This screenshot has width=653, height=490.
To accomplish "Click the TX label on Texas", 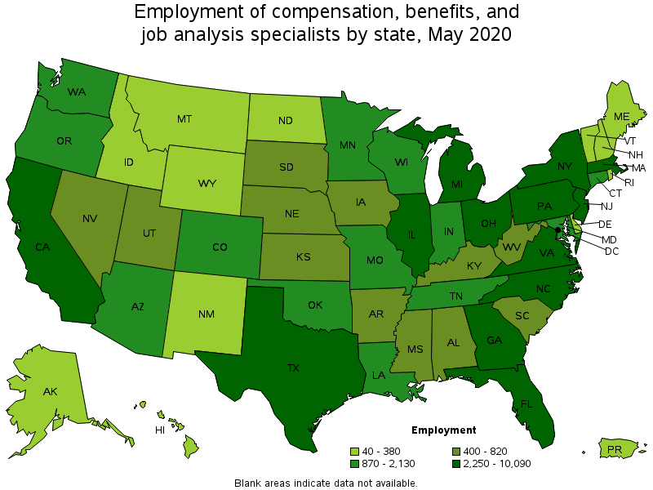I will [293, 368].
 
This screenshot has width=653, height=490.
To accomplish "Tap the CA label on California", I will [42, 246].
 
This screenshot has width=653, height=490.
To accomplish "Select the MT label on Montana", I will [184, 118].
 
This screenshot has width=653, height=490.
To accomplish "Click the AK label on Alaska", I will [51, 391].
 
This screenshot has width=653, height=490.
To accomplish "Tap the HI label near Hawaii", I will [161, 430].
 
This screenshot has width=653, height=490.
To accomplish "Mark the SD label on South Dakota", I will [286, 168].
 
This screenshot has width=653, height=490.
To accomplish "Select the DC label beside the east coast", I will [611, 251].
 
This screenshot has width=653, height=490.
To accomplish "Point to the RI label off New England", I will [629, 182].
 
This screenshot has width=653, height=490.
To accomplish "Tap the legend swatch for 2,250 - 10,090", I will [456, 464].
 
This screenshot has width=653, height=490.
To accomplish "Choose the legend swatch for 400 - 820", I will [456, 451].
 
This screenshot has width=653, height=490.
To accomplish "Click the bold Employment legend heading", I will [443, 430].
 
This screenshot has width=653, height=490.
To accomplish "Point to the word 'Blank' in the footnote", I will [249, 483].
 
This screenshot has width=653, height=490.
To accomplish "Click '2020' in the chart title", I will [488, 34].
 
